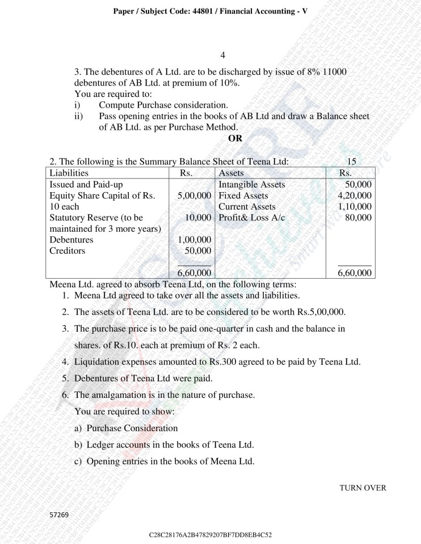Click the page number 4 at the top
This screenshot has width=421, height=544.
[x=222, y=55]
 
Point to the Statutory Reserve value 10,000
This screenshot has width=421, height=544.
[x=199, y=218]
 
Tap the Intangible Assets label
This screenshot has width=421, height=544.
[x=251, y=185]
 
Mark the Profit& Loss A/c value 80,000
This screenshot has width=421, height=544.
[x=359, y=218]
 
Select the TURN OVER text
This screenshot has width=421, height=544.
[x=363, y=487]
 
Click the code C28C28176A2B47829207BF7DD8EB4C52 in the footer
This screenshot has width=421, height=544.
[x=210, y=534]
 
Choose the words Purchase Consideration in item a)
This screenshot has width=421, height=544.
[x=132, y=428]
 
